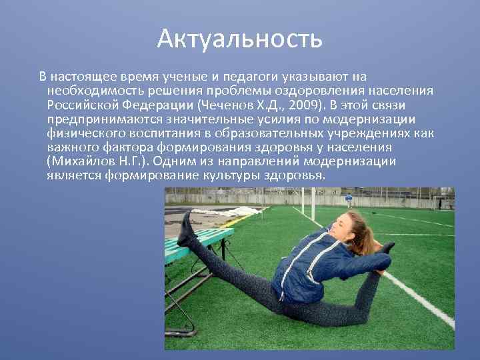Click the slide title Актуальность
pos(240,39)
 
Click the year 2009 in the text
pos(307,106)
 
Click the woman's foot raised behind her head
pos(387,248)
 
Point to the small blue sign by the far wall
pos(349,199)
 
